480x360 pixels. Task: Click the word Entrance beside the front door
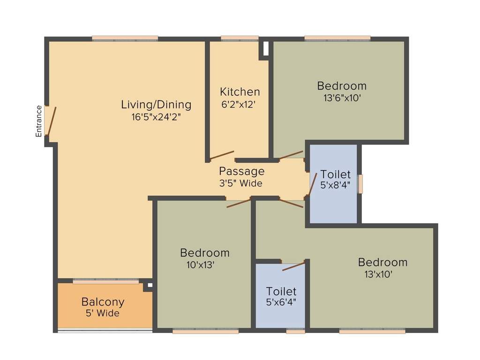(x=39, y=121)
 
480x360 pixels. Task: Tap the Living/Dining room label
(x=156, y=104)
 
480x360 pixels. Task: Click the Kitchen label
(x=240, y=91)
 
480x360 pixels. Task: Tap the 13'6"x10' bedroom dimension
(x=342, y=98)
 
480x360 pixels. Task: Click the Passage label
(x=241, y=171)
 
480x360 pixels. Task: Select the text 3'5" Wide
(x=241, y=183)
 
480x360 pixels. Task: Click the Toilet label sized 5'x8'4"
(x=335, y=175)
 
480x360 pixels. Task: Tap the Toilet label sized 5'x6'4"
(x=281, y=291)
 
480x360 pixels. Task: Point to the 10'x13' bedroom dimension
(x=200, y=264)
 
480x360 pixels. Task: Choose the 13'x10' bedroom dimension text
(x=378, y=274)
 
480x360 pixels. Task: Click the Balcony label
(x=103, y=301)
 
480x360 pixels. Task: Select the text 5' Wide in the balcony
(x=102, y=313)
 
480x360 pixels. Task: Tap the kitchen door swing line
(x=222, y=155)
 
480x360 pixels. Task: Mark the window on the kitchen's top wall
(x=240, y=38)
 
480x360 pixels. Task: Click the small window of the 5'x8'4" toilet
(x=360, y=183)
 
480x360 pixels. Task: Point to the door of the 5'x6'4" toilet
(x=293, y=267)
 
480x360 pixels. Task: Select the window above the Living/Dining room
(x=125, y=38)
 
